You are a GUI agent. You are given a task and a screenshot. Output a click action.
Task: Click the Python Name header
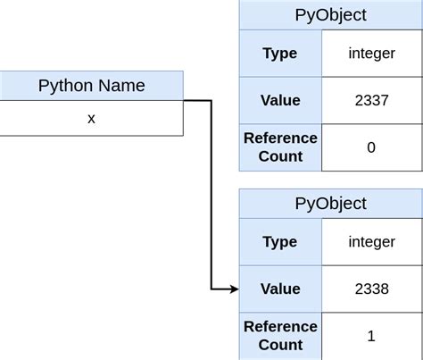pos(91,86)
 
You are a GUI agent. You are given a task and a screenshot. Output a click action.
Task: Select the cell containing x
pos(91,118)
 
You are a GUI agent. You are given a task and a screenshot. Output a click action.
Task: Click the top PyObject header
pos(330,15)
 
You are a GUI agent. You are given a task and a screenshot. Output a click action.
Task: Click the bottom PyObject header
pos(330,204)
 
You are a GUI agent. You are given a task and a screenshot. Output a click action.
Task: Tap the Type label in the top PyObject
pos(280,54)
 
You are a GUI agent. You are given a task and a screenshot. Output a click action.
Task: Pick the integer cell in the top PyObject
pos(371,54)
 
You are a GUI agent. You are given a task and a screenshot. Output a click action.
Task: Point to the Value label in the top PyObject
pos(280,100)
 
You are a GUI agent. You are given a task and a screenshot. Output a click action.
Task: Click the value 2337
pos(371,100)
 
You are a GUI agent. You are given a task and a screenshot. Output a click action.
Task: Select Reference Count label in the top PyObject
pos(280,147)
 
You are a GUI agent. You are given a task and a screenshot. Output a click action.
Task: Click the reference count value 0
pos(371,147)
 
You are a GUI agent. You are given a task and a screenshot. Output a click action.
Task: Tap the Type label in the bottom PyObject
pos(280,242)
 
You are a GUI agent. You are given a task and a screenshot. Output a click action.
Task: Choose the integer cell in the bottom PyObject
pos(371,242)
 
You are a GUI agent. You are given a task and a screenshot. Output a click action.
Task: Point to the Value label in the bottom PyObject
pos(280,289)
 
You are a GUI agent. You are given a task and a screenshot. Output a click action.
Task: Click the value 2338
pos(371,289)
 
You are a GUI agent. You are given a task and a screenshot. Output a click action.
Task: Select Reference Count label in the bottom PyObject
pos(280,336)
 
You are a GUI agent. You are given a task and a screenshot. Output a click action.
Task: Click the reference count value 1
pos(371,336)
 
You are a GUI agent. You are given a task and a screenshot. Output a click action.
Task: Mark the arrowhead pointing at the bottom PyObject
pos(234,289)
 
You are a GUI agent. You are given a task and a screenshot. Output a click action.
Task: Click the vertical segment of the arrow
pos(211,197)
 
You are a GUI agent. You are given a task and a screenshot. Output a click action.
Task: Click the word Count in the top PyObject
pos(280,157)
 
